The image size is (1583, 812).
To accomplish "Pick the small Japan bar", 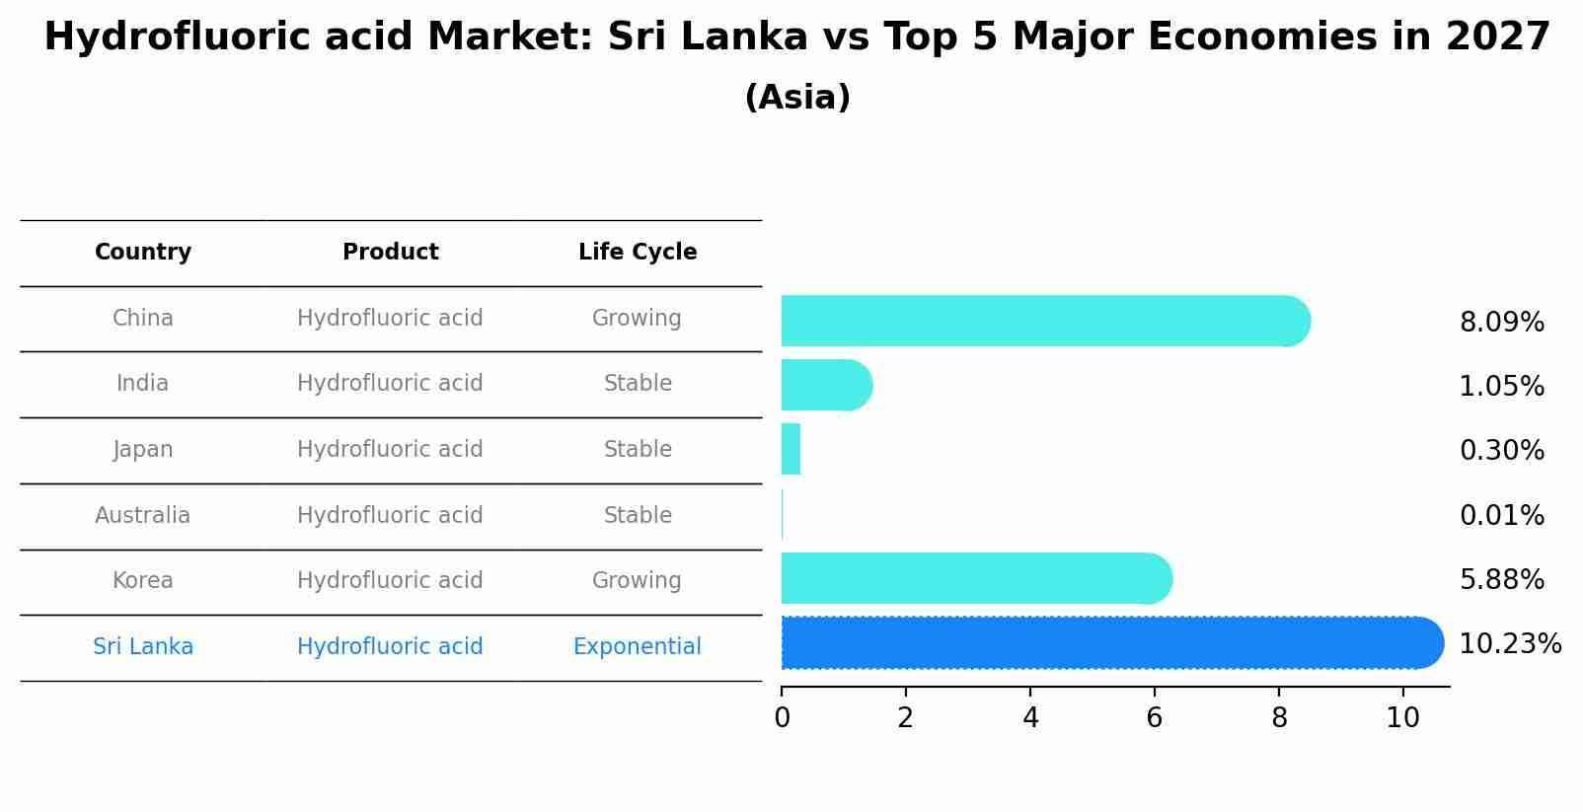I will point(791,450).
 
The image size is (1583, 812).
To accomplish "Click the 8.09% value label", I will point(1501,323).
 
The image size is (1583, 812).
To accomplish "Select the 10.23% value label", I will point(1509,644).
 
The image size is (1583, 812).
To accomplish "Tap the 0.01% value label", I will point(1501,516).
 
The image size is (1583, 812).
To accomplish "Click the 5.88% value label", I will point(1501,580).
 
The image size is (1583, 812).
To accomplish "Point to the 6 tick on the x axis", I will point(1154,718).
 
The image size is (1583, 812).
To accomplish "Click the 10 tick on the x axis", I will point(1402,718).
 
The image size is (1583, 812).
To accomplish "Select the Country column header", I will point(143,253).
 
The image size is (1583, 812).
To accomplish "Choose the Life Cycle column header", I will point(638,253).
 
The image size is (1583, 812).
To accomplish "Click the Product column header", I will point(390,253).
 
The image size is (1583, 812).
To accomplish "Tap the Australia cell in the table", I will point(143,516).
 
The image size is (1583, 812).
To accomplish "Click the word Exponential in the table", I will point(637,647).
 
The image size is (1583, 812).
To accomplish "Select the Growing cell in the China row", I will point(637,319).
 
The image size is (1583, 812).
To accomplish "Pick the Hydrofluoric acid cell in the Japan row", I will point(390,450).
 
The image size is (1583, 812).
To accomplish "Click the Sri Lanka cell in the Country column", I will point(143,647).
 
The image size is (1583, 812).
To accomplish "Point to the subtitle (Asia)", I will point(797,98).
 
